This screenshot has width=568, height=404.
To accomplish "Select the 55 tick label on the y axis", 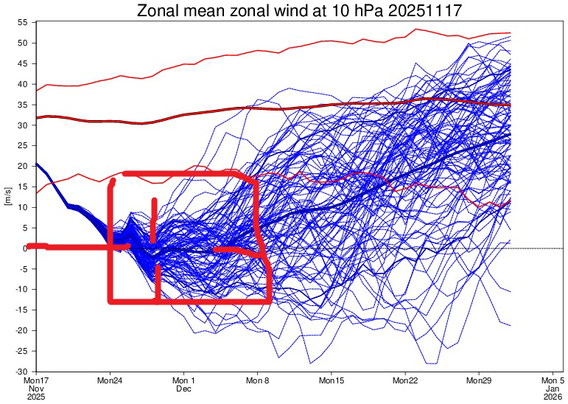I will click(23, 23).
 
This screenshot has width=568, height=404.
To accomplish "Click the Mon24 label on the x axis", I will click(111, 380).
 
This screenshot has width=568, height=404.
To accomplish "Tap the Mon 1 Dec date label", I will click(183, 384).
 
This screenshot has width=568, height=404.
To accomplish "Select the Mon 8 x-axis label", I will click(257, 380).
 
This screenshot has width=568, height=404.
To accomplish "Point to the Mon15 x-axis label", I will click(332, 380).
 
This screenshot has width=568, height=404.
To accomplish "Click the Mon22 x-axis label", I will click(405, 380).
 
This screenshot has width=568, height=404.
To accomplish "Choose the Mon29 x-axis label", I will click(479, 380).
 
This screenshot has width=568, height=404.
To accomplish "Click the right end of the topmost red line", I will click(510, 33).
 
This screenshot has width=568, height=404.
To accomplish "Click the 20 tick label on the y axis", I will click(23, 167).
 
